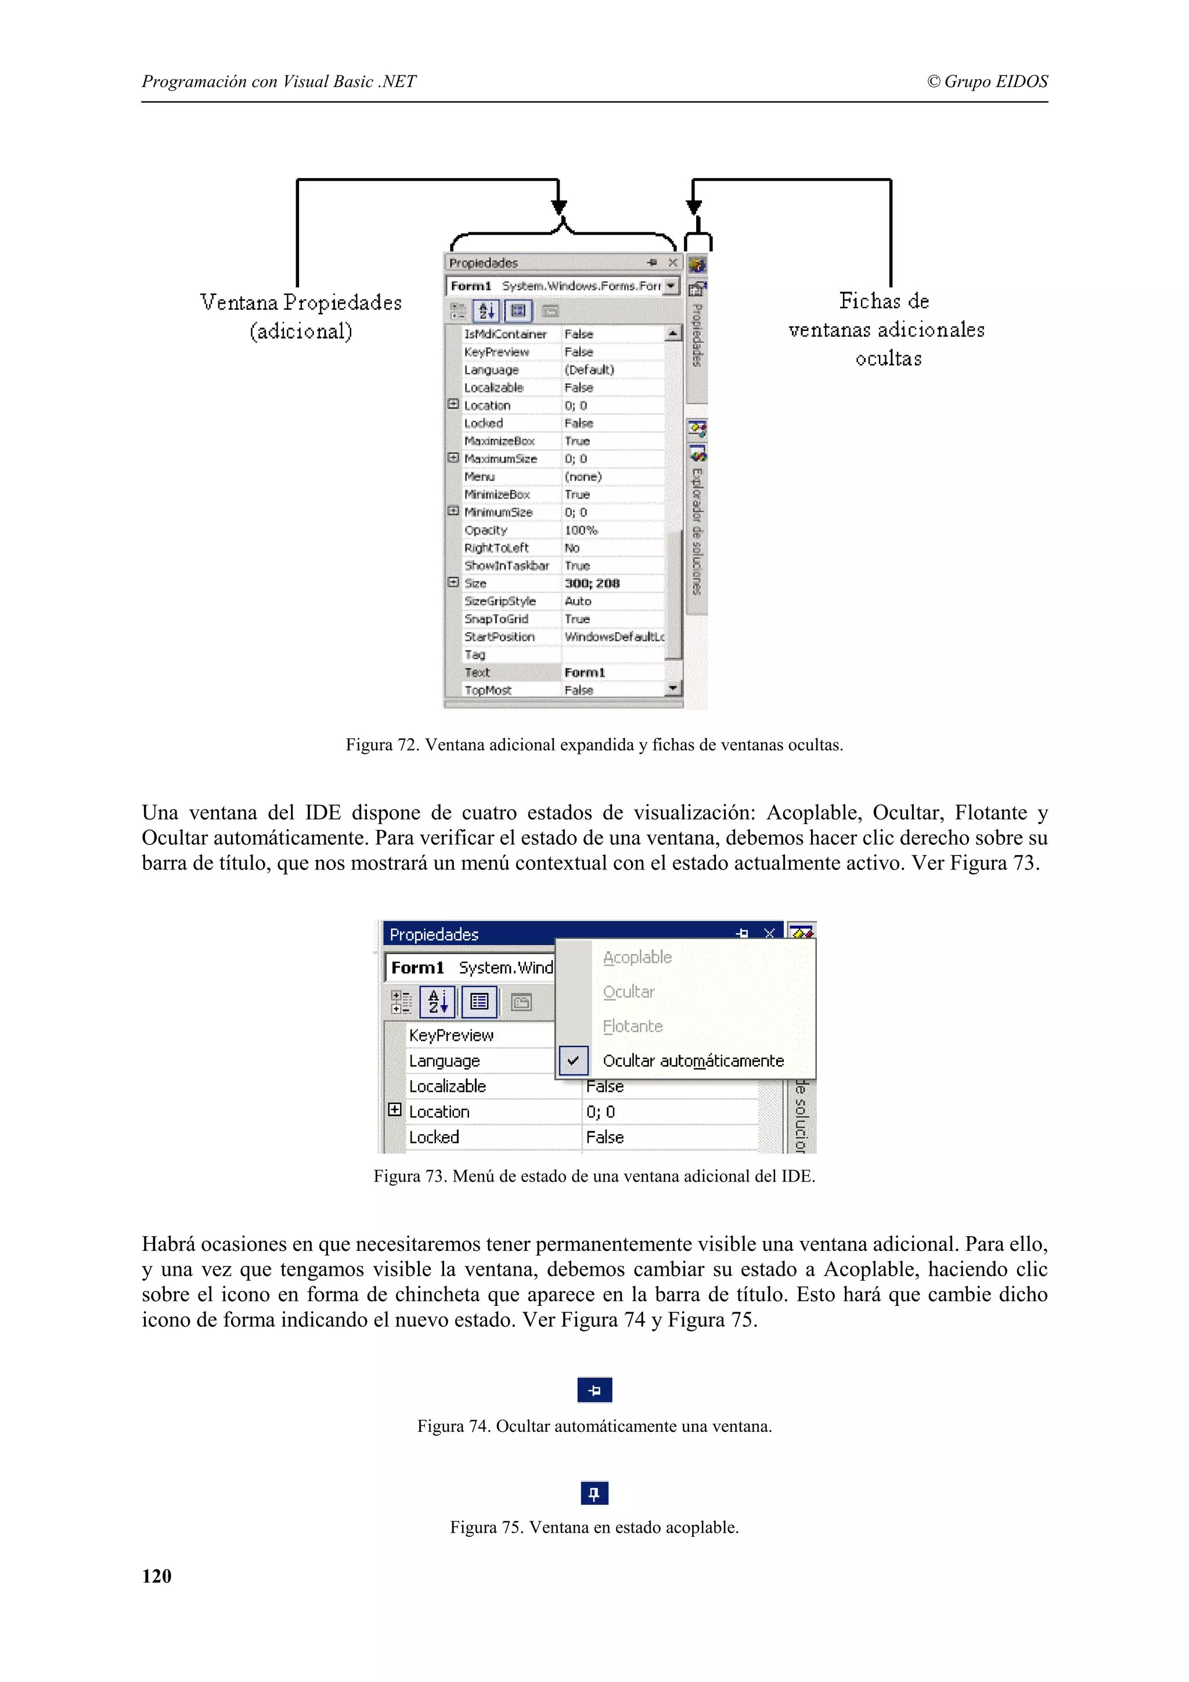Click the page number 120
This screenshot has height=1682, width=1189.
point(156,1576)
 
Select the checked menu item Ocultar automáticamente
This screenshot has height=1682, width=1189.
point(692,1061)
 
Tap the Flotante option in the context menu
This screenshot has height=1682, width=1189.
point(632,1026)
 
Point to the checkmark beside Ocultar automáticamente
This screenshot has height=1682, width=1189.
point(573,1060)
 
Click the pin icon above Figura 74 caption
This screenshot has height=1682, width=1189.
point(594,1389)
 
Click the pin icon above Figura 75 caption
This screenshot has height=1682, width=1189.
point(594,1493)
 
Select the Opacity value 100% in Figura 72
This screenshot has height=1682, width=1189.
point(581,530)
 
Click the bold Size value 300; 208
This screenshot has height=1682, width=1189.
point(592,583)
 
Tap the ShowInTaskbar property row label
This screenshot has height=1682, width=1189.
point(506,565)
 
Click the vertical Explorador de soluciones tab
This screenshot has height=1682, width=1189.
point(697,530)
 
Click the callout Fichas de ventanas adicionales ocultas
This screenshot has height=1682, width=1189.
point(887,330)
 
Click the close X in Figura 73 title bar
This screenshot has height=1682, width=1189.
point(769,933)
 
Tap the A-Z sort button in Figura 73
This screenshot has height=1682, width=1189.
point(437,1001)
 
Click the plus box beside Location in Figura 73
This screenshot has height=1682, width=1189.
point(395,1110)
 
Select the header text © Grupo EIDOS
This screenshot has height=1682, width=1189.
point(987,81)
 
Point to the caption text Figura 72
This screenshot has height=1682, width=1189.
point(594,745)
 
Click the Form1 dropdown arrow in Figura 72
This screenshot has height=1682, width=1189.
point(671,286)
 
